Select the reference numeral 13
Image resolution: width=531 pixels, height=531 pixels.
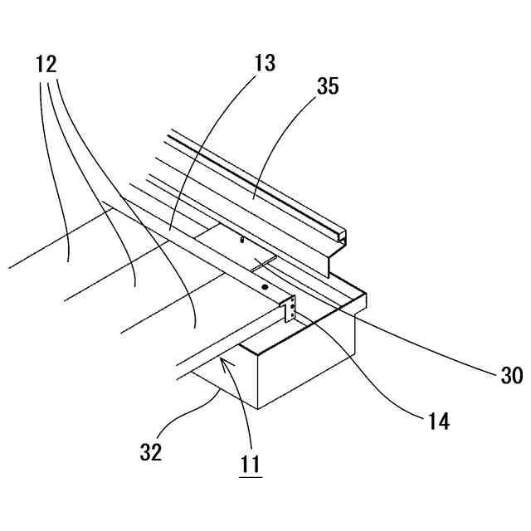(x=265, y=62)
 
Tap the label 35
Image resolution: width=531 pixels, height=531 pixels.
(x=327, y=85)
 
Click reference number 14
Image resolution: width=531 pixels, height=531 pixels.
(x=439, y=421)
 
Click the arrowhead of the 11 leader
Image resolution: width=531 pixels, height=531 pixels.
(x=224, y=362)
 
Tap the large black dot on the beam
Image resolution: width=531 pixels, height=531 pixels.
(x=264, y=286)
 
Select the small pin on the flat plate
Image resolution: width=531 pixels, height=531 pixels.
(x=241, y=239)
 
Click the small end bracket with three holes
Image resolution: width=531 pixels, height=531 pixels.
(x=291, y=310)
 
